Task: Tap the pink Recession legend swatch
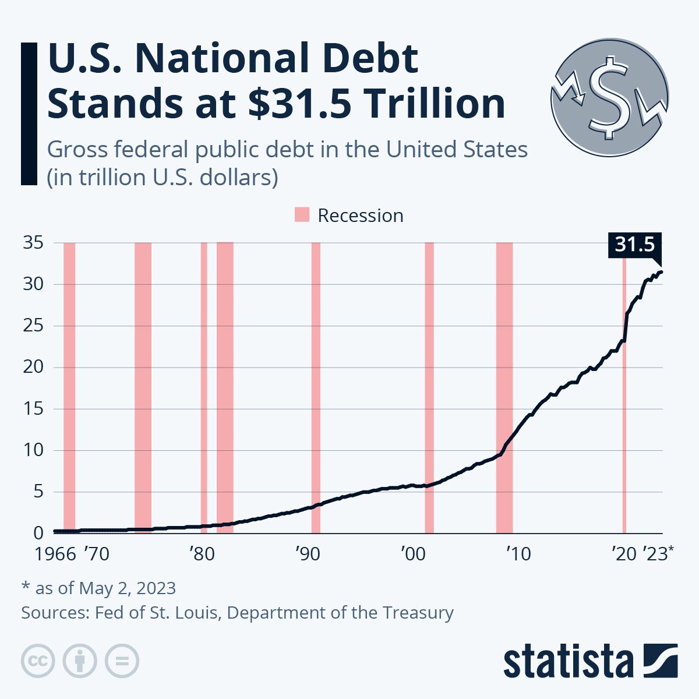[x=302, y=215]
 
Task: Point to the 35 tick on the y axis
[x=33, y=242]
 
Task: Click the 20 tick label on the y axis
[x=33, y=367]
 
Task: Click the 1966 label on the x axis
[x=55, y=553]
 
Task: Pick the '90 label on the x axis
[x=308, y=553]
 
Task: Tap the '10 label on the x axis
[x=518, y=553]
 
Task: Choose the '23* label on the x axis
[x=658, y=553]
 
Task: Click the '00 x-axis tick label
[x=413, y=553]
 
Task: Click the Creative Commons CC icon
[x=38, y=661]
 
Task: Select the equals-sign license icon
[x=122, y=661]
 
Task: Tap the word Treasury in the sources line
[x=418, y=613]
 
